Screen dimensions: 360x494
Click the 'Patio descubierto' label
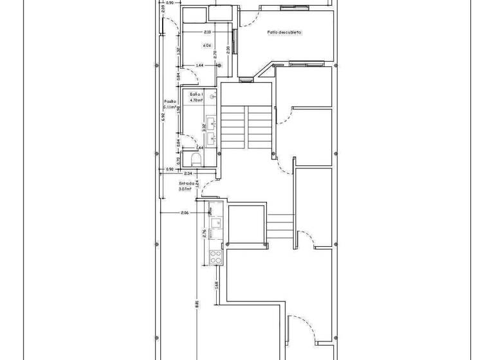tap(284, 32)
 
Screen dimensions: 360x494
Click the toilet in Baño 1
tap(196, 158)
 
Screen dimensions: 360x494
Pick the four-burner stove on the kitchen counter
tap(214, 256)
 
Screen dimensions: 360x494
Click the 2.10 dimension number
tap(207, 32)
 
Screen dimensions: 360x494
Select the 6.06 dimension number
tap(207, 46)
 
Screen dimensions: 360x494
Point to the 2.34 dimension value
tap(188, 174)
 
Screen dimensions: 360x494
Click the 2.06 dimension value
tap(185, 213)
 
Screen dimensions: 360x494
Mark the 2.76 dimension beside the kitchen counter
tap(204, 234)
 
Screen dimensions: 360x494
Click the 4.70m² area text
tap(196, 100)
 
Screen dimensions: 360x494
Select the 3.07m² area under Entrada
tap(187, 190)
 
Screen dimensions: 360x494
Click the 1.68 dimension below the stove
tap(217, 285)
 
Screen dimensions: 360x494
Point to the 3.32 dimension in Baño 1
tap(204, 127)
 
